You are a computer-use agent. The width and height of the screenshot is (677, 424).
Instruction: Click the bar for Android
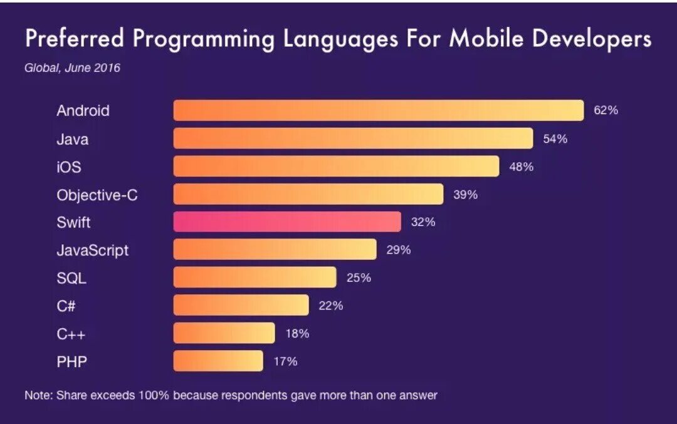coord(379,110)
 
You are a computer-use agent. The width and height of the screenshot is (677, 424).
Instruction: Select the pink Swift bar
coord(287,222)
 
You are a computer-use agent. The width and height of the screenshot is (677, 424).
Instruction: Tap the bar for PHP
coord(218,361)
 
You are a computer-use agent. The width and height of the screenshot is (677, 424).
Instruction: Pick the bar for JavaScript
coord(275,250)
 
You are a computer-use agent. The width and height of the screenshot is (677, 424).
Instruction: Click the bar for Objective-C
coord(308,194)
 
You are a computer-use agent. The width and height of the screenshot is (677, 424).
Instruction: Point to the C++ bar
coord(224,333)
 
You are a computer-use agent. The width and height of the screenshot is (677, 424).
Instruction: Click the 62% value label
coord(606,110)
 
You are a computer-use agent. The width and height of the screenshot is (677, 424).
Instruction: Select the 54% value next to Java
coord(555,138)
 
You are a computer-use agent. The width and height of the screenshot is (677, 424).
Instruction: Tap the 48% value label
coord(521,167)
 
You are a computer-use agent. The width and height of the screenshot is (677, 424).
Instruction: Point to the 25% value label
coord(359,277)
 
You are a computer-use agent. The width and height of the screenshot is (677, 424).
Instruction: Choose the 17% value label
coord(285,361)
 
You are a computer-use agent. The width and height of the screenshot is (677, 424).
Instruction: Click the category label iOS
coord(69,167)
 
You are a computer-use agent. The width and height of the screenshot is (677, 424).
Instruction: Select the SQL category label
coord(71,278)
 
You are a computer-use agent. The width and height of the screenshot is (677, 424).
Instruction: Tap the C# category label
coord(66,306)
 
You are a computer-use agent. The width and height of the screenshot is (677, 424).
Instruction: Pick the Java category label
coord(72,139)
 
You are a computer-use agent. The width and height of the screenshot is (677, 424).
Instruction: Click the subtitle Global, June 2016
coord(72,68)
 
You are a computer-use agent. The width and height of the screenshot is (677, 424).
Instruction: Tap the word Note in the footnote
coord(38,395)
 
